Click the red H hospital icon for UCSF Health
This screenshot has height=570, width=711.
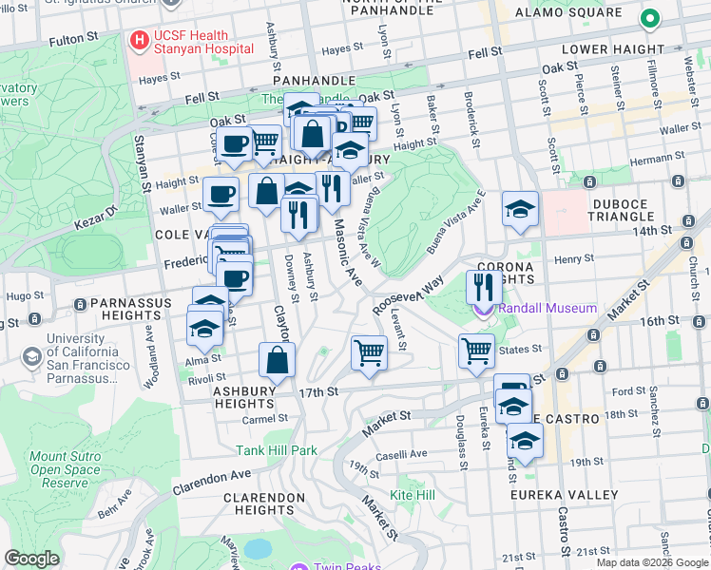(x=140, y=42)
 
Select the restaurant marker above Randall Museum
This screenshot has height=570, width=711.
(x=484, y=286)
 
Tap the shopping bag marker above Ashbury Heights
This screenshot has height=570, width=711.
(x=277, y=360)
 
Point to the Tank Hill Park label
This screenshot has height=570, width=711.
(x=277, y=450)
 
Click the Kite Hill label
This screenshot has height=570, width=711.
(x=413, y=495)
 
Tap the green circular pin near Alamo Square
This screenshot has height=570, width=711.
(x=650, y=18)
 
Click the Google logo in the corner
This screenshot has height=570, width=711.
(x=31, y=559)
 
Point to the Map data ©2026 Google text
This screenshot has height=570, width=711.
(x=652, y=562)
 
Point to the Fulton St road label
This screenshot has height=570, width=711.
(x=67, y=41)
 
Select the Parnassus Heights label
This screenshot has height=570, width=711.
(x=131, y=303)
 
